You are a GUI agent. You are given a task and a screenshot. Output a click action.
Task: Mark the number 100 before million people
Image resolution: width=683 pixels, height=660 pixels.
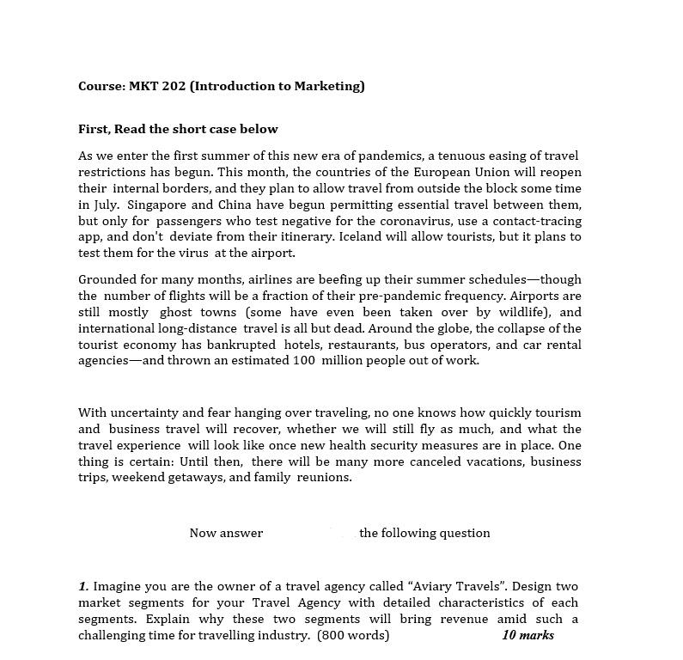coord(303,361)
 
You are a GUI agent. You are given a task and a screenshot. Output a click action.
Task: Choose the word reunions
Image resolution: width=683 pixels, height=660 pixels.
coord(324,478)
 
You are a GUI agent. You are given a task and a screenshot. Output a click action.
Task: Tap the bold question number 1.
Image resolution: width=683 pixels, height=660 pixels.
coord(83,586)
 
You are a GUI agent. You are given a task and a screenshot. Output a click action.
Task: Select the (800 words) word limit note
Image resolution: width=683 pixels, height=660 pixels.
coord(353,635)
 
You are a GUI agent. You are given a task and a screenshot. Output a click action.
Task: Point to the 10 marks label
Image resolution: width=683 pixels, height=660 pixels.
coord(527,635)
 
